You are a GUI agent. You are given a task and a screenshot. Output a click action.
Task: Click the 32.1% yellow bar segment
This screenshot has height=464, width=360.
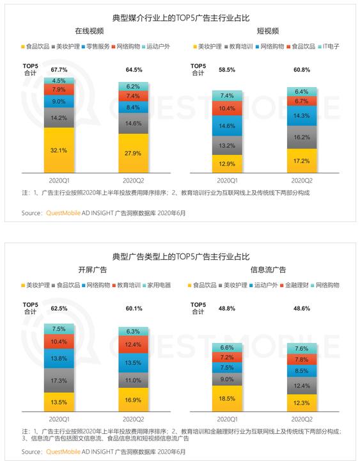[x=59, y=150]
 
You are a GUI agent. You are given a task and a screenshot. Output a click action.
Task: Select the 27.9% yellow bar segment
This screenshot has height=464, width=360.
[x=133, y=154]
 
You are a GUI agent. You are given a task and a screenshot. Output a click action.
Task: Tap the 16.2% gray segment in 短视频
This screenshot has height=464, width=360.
[x=302, y=138]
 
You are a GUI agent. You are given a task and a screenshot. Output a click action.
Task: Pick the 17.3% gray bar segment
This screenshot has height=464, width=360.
[x=59, y=381]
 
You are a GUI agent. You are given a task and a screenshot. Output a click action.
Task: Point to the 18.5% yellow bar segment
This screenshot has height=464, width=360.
[x=227, y=399]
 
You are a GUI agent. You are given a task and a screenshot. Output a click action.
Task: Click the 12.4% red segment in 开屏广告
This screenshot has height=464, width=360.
[x=133, y=344]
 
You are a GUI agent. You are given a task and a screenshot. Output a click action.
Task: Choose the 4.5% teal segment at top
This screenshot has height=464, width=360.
[x=59, y=81]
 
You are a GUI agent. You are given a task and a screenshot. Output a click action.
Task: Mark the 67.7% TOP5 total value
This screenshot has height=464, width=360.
[x=59, y=70]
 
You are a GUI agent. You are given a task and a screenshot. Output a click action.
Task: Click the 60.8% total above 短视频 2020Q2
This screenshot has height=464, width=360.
[x=302, y=70]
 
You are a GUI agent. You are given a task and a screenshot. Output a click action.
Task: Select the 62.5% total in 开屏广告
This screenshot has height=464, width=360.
[x=59, y=308]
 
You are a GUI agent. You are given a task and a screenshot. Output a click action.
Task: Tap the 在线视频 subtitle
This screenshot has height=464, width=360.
[x=90, y=31]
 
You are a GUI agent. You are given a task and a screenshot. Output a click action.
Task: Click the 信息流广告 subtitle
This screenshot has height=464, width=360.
[x=268, y=269]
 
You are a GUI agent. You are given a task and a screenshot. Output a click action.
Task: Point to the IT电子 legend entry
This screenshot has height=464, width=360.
[x=329, y=47]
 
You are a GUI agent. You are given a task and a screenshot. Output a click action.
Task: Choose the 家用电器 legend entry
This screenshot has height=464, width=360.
[x=157, y=285]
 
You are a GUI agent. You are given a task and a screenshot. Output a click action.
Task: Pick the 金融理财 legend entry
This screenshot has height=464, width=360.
[x=294, y=285]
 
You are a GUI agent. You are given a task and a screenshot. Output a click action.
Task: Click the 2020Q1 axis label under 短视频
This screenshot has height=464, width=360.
[x=227, y=180]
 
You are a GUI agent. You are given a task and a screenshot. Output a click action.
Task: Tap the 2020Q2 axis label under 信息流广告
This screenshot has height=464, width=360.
[x=302, y=419]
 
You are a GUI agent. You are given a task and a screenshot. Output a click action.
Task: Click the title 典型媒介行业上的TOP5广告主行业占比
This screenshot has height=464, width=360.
[x=181, y=18]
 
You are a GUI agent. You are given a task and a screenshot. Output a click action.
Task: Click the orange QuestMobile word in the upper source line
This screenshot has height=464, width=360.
[x=63, y=213]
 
